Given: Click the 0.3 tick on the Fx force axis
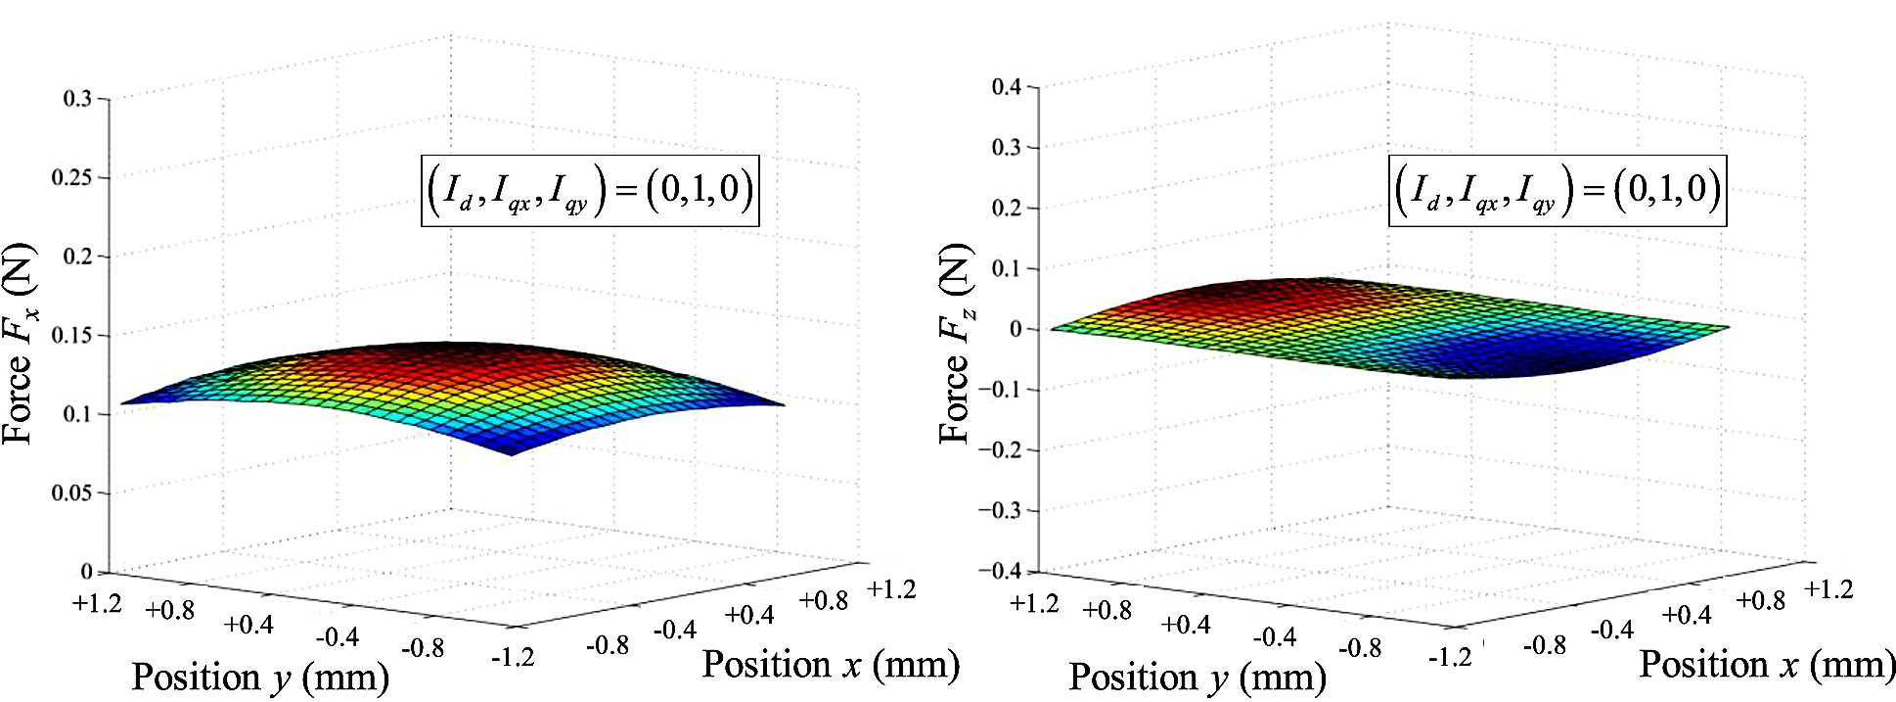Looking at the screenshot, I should pos(78,99).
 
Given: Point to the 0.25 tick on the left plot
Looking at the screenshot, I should pos(74,177).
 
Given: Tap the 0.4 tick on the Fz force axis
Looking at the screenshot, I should pos(1007,87).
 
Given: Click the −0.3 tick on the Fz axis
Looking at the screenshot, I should pos(1001,510).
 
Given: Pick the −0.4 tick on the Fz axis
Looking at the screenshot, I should pos(1001,571).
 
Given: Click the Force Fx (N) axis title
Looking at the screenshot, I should pos(20,344).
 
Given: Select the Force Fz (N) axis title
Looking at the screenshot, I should pos(956,344).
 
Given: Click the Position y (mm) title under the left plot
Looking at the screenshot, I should pos(260,677).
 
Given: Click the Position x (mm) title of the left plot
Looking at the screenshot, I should pos(831,664).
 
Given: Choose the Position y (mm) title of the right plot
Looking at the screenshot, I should pos(1197,677).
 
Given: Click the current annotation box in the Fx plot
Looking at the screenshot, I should pos(590,190).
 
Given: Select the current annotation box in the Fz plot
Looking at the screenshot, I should pos(1557,190).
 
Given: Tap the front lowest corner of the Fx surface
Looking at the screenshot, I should pos(511,453).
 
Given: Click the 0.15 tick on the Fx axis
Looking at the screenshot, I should pos(74,335).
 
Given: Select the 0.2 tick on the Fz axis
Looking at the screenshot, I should pos(1007,208).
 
